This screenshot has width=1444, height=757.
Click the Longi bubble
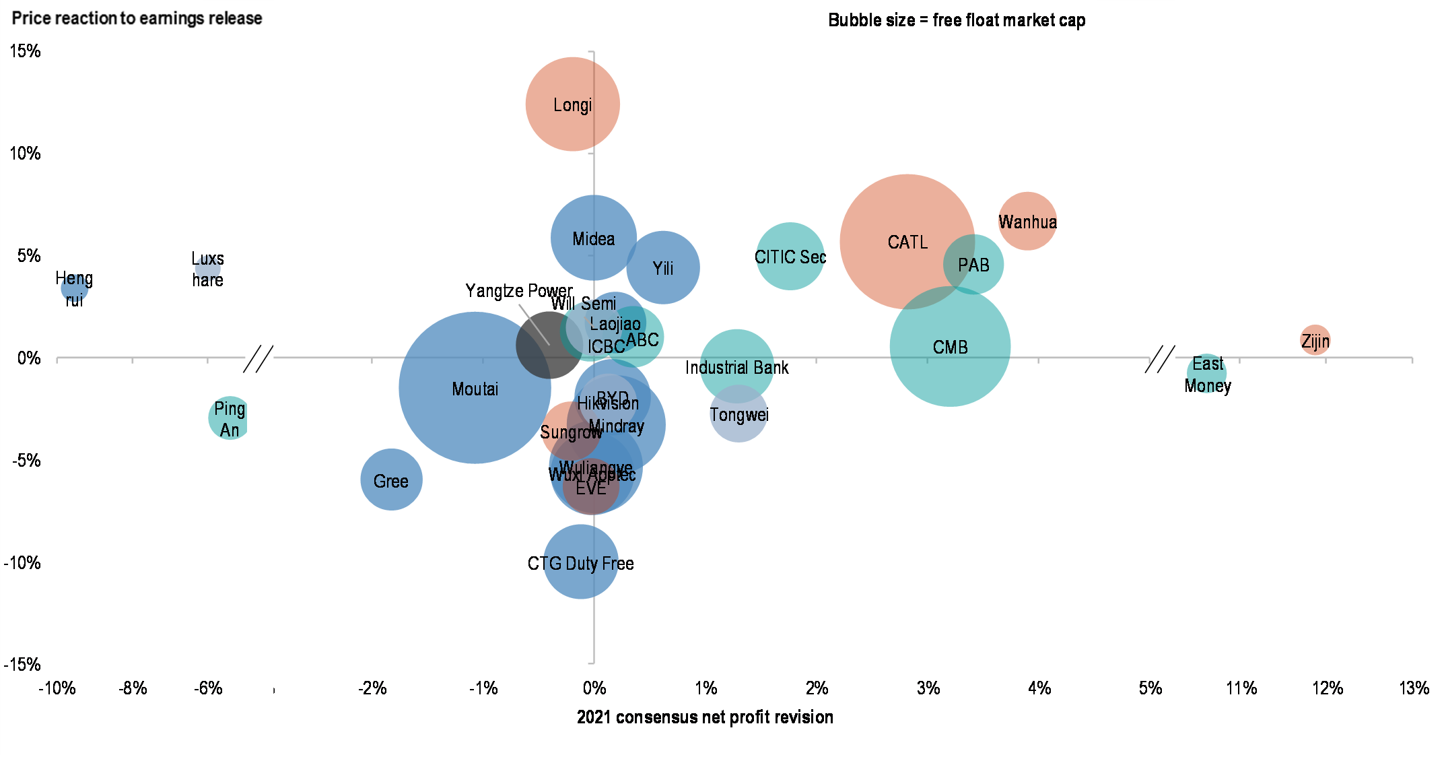click(x=572, y=104)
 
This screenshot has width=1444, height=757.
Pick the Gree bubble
click(x=391, y=480)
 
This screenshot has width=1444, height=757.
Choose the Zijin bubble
click(x=1315, y=340)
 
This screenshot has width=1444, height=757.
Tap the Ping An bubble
click(x=230, y=418)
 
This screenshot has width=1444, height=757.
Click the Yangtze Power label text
click(x=518, y=291)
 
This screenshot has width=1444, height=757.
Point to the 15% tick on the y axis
click(x=26, y=51)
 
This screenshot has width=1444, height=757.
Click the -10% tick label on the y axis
click(x=23, y=562)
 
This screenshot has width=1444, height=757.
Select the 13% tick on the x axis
click(x=1413, y=688)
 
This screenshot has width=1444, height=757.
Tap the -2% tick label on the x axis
click(x=372, y=688)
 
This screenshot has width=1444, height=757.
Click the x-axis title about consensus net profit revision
click(x=705, y=717)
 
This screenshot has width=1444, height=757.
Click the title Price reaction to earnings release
click(x=137, y=18)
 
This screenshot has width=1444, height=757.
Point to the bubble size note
click(x=956, y=20)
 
